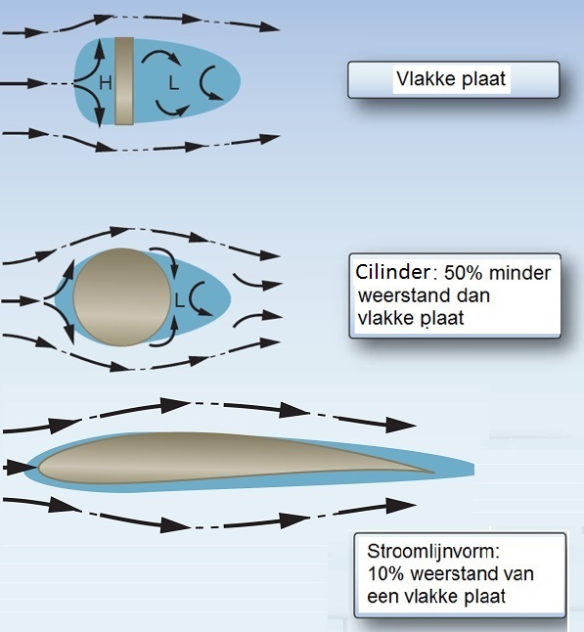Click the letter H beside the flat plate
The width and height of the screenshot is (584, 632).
point(106,83)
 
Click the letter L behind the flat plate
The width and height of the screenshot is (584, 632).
point(173,83)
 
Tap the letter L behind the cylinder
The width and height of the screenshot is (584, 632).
point(179,300)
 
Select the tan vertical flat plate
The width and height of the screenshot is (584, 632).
point(124,81)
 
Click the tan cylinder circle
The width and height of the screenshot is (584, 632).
point(122,297)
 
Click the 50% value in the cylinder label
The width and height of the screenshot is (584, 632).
point(463,273)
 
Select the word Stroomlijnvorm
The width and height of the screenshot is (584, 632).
point(433,552)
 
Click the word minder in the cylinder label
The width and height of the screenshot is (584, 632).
point(519,273)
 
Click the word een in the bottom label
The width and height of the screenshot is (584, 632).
point(382,597)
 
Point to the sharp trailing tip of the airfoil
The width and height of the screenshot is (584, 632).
point(433,472)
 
